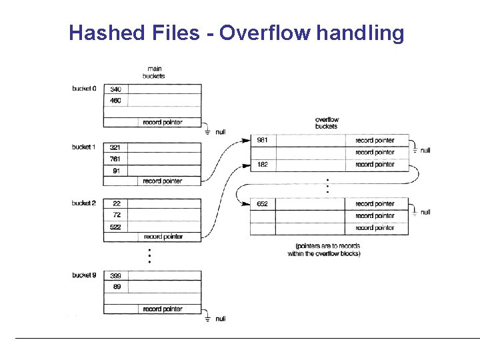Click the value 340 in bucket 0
tap(116, 89)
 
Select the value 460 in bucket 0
tap(116, 101)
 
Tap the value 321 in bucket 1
tap(115, 147)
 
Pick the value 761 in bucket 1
tap(115, 159)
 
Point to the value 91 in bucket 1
tap(117, 171)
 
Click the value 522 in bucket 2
tap(116, 227)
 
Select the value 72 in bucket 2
tap(117, 215)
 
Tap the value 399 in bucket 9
tap(116, 275)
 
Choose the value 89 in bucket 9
tap(117, 287)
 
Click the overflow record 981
tap(263, 141)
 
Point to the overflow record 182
tap(263, 165)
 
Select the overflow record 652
tap(263, 204)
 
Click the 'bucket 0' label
tap(85, 89)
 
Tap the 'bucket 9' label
tap(85, 275)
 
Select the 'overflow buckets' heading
tap(327, 123)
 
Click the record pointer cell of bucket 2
tap(163, 237)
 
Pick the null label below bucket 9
tap(221, 319)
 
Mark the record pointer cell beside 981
tap(375, 141)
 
